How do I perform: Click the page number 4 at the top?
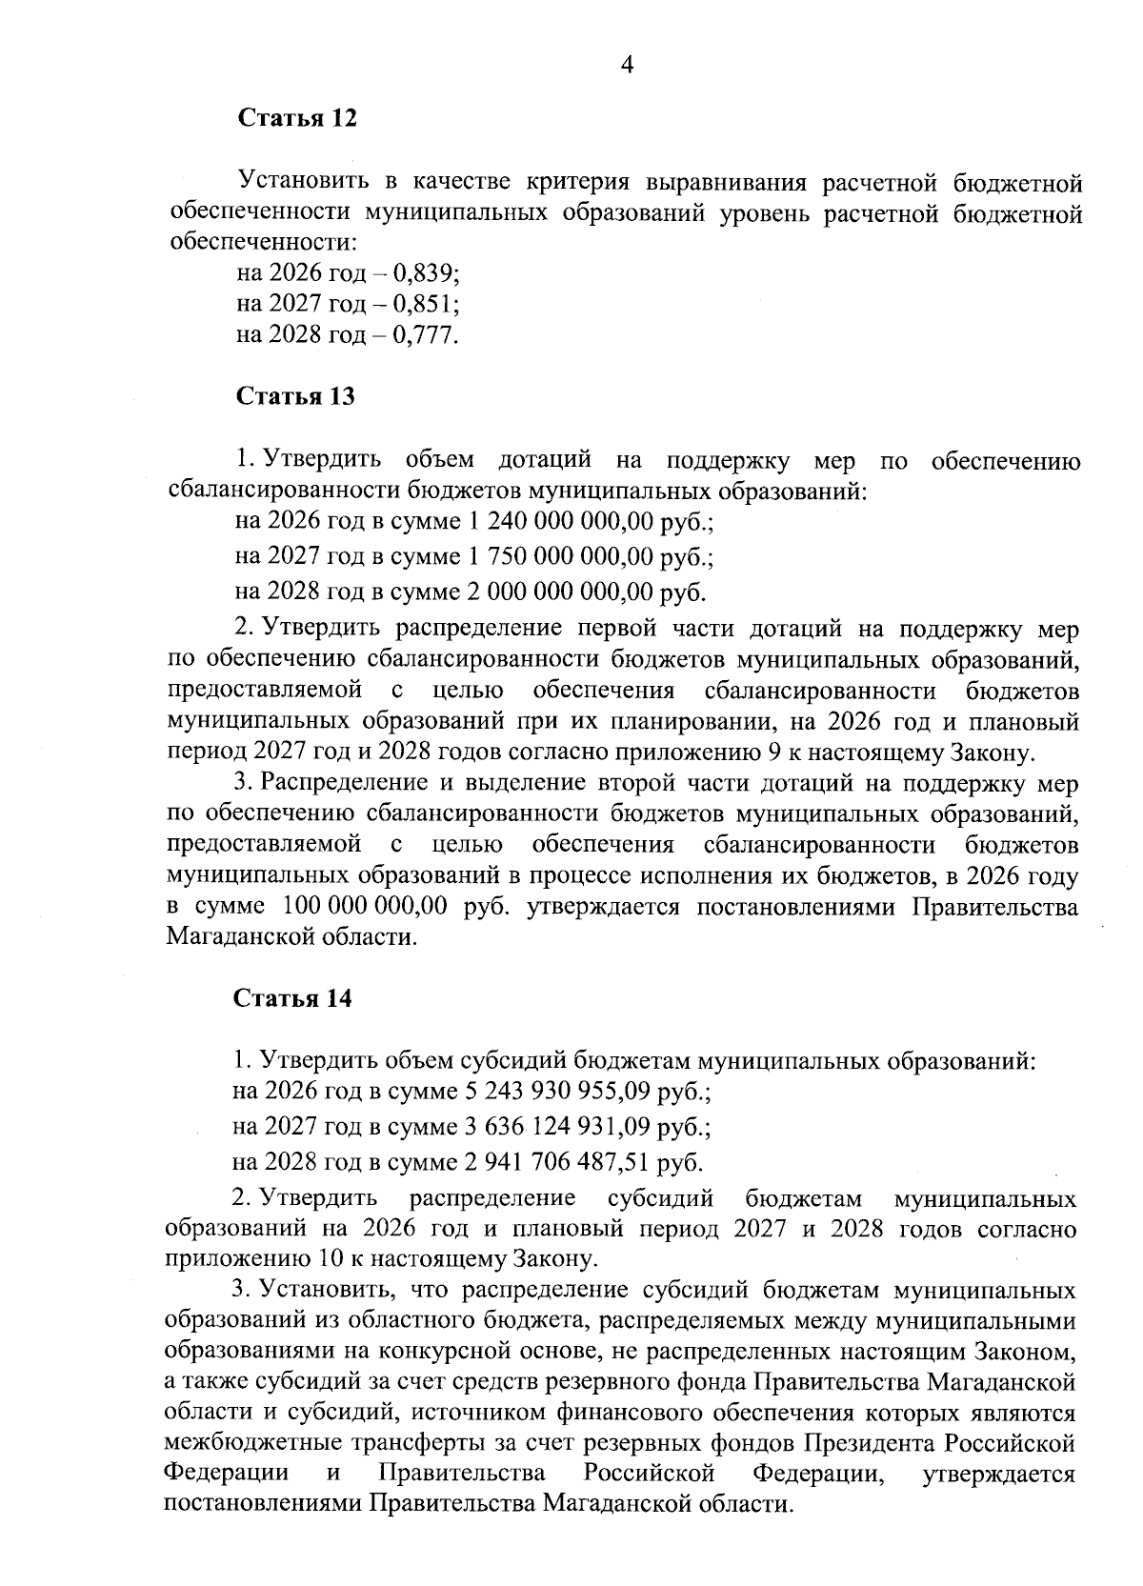pyautogui.click(x=627, y=65)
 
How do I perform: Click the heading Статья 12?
pyautogui.click(x=295, y=119)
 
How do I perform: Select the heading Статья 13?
pyautogui.click(x=295, y=396)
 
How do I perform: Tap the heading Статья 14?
pyautogui.click(x=293, y=998)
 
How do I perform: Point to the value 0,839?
pyautogui.click(x=426, y=274)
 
